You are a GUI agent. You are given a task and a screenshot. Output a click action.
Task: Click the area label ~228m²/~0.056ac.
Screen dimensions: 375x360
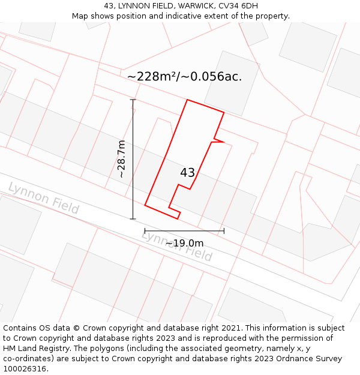[x=184, y=77]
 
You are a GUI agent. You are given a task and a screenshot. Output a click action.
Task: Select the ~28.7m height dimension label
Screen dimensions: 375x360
[x=121, y=159]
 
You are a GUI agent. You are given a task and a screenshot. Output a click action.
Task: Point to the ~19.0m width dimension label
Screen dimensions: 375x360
[x=184, y=243]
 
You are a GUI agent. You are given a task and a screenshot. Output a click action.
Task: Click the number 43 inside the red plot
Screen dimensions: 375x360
[x=187, y=173]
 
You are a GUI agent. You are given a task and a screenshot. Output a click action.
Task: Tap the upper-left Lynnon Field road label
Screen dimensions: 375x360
[x=43, y=198]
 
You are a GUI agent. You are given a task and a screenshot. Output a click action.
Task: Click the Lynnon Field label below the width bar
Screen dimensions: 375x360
[x=177, y=245]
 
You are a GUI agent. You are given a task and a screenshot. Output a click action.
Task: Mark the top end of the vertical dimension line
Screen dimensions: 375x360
[x=133, y=100]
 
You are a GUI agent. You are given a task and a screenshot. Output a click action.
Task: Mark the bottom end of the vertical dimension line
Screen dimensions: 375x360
[x=133, y=219]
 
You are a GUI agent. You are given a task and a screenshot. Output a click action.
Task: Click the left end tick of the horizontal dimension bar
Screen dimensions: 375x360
[x=145, y=230]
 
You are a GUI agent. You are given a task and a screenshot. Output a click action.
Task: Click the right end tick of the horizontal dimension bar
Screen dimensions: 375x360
[x=224, y=230]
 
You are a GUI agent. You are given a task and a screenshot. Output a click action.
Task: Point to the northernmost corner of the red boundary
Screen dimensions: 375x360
[x=188, y=100]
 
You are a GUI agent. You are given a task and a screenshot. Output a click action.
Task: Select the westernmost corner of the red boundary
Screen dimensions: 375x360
[x=145, y=206]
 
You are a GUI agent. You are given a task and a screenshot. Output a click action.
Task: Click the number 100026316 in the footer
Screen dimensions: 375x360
[x=25, y=369]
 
